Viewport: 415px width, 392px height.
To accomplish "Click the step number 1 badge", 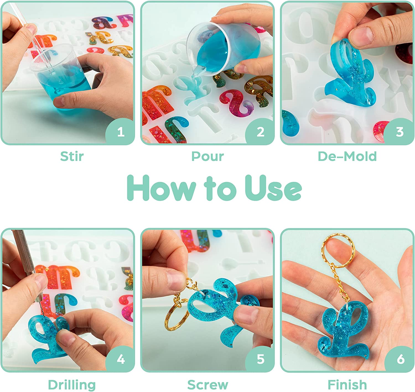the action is [x=121, y=132].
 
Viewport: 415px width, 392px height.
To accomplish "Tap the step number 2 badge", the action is [x=261, y=132].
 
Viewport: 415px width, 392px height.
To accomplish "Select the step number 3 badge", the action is [x=400, y=132].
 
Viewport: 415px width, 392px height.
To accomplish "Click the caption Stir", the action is [x=72, y=156].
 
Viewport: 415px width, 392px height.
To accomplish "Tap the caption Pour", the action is [x=207, y=156].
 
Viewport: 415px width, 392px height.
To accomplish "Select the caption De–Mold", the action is [x=347, y=156].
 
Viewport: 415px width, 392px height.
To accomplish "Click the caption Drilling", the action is [x=72, y=385].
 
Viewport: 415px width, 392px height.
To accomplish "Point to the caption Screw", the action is [x=208, y=385].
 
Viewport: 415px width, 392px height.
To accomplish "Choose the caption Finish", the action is [x=347, y=385].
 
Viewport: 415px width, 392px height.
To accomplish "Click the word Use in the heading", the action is [x=273, y=188].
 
